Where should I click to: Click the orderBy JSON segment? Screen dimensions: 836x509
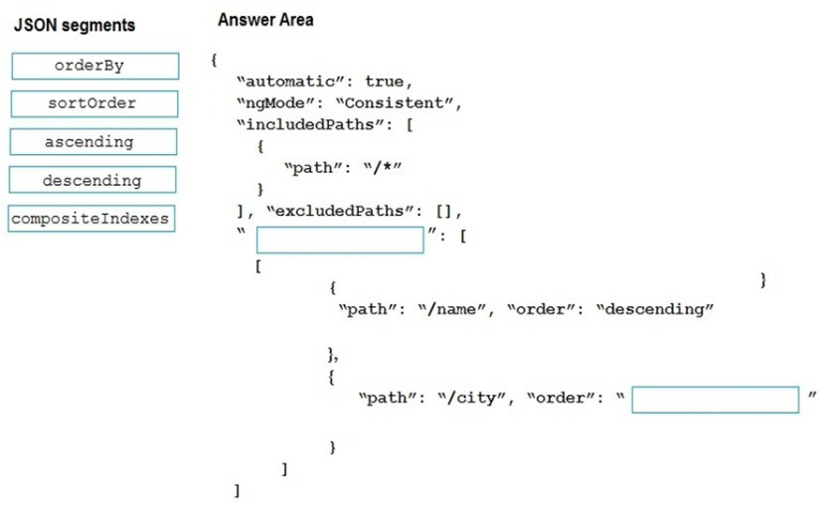pyautogui.click(x=94, y=66)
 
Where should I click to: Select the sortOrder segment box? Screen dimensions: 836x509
pyautogui.click(x=94, y=103)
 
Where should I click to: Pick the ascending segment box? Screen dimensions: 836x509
pyautogui.click(x=93, y=142)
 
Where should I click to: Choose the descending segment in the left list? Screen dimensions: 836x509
pyautogui.click(x=92, y=180)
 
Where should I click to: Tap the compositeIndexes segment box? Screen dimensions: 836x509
pyautogui.click(x=91, y=219)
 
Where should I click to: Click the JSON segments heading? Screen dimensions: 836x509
pyautogui.click(x=75, y=25)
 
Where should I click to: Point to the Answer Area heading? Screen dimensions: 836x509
pyautogui.click(x=265, y=20)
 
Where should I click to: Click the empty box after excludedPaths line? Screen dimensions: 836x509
pyautogui.click(x=340, y=240)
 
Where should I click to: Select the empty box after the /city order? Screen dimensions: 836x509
pyautogui.click(x=716, y=400)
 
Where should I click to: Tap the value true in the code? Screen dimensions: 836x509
pyautogui.click(x=385, y=82)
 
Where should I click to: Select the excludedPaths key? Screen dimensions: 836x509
pyautogui.click(x=340, y=211)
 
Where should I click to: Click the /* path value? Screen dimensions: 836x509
pyautogui.click(x=383, y=168)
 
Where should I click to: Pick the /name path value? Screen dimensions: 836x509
pyautogui.click(x=451, y=309)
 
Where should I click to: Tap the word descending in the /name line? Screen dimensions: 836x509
pyautogui.click(x=655, y=309)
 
